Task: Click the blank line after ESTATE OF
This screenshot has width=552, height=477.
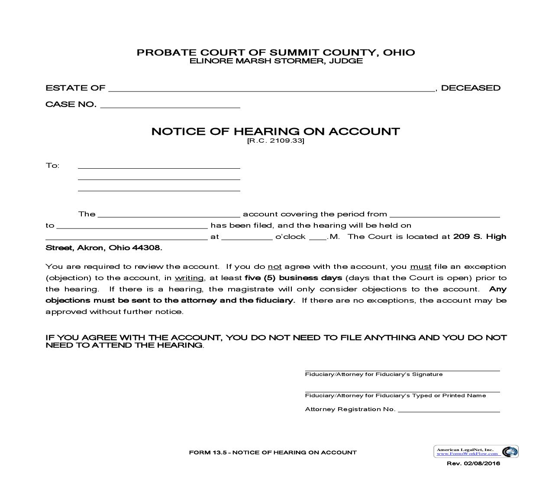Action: click(x=271, y=88)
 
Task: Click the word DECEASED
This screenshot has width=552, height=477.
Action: click(x=471, y=88)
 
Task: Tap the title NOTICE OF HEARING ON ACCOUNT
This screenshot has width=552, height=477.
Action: click(x=275, y=131)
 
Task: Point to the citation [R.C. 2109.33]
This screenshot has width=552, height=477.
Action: click(x=275, y=141)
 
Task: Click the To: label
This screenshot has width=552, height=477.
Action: click(x=52, y=166)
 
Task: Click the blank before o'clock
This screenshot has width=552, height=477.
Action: click(x=247, y=237)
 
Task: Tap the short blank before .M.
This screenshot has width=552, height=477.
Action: click(x=318, y=237)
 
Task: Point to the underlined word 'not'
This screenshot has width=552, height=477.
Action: click(x=274, y=267)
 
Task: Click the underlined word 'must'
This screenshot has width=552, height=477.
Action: click(x=420, y=267)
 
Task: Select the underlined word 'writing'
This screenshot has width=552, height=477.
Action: click(x=189, y=278)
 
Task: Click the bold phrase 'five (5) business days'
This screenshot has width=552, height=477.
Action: click(x=293, y=278)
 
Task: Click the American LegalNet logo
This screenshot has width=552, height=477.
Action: click(x=476, y=451)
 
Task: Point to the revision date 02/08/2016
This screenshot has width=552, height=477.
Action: click(x=481, y=464)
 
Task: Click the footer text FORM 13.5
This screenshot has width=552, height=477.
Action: click(x=208, y=453)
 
